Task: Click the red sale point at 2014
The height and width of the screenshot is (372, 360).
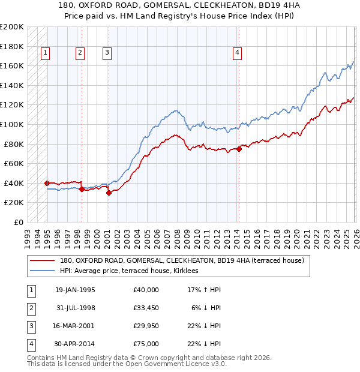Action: tap(239, 149)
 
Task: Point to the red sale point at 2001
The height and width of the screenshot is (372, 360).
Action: tap(109, 193)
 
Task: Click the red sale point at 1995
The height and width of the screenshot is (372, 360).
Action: tap(47, 183)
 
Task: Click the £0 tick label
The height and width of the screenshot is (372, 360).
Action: tap(19, 222)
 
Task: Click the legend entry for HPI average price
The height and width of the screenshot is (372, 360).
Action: tap(133, 271)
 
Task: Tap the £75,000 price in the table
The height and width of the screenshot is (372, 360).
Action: tap(146, 344)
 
